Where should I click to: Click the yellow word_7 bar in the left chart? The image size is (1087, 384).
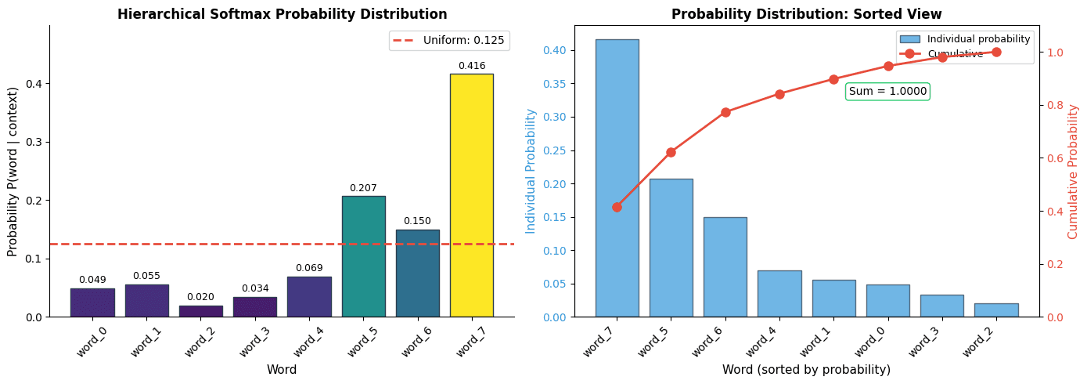pos(471,195)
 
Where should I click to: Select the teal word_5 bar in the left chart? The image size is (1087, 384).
pos(363,256)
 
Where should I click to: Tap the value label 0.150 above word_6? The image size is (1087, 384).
pos(417,221)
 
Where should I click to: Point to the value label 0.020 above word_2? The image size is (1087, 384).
pos(200,297)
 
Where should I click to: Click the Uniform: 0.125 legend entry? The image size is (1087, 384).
pos(449,40)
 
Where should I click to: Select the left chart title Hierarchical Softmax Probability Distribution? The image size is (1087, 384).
pos(282,14)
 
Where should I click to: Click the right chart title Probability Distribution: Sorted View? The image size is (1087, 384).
pos(806,14)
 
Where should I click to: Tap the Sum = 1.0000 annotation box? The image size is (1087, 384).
pos(887,92)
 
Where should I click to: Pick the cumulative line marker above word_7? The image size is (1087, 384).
pos(617,207)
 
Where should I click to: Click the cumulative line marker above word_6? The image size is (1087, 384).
pos(725,112)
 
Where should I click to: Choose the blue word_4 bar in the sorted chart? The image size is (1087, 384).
pos(779,294)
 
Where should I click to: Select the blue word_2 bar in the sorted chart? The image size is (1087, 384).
pos(996,310)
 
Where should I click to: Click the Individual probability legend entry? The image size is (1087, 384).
pos(966,38)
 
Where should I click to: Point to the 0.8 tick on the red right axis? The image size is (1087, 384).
pos(1055,105)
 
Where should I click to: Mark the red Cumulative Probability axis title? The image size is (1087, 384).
pos(1073,171)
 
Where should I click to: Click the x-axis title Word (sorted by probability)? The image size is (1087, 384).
pos(806,369)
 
